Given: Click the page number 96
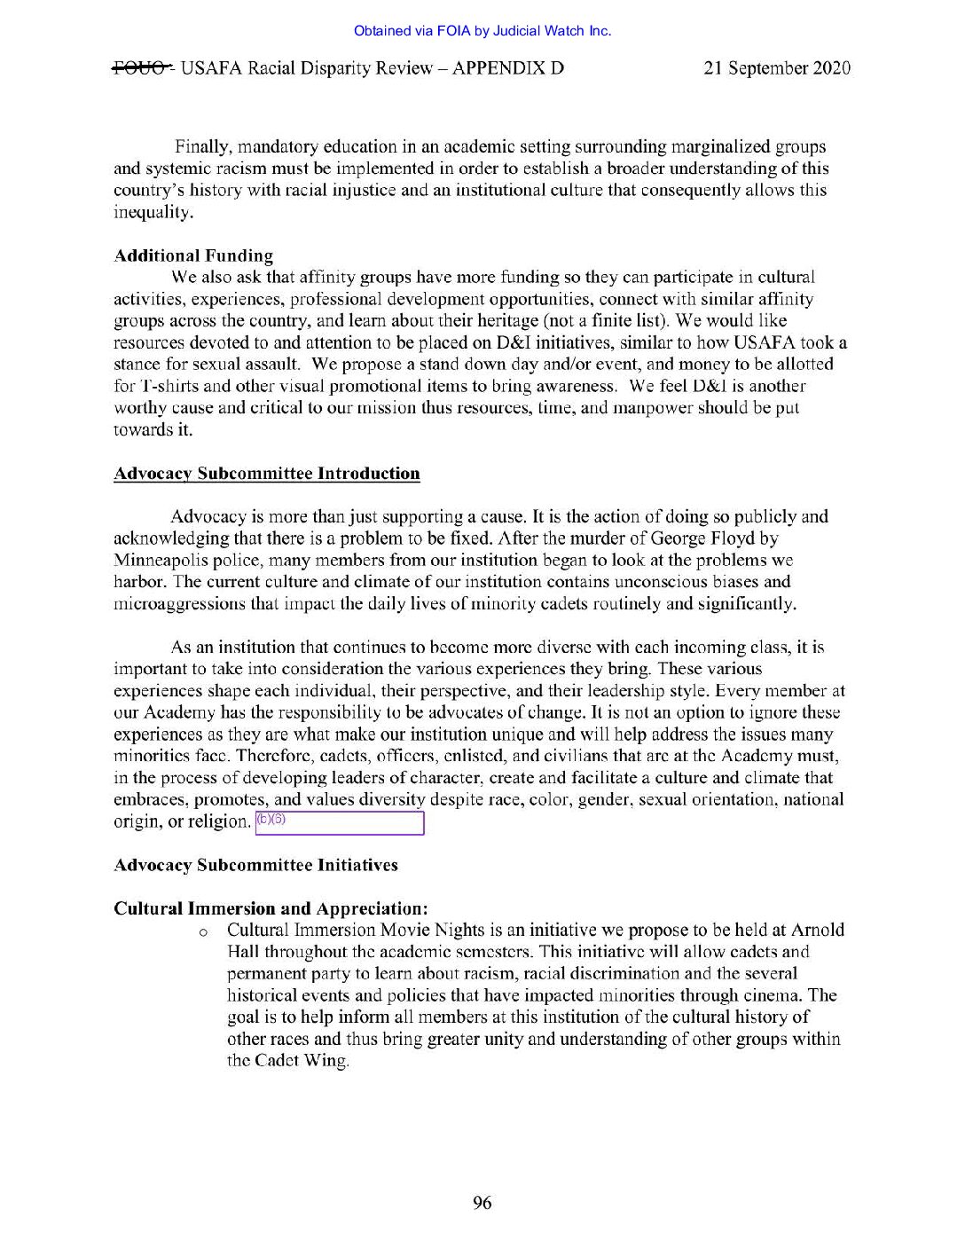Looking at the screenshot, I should [482, 1203].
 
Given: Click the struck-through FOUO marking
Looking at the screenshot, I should [141, 68].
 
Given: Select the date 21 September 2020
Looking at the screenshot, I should [777, 68].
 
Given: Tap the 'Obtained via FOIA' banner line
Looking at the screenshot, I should [482, 31].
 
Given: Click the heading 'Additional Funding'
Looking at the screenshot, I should [193, 256].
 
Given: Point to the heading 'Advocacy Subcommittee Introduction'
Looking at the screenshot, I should [267, 474].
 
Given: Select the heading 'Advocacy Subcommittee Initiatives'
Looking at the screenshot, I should [255, 865].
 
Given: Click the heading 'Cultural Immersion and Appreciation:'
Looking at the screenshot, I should [271, 908].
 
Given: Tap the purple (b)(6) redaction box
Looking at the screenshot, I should [340, 823].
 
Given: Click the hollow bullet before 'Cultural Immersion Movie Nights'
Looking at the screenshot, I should [203, 932].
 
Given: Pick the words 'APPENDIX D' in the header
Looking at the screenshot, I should [507, 68].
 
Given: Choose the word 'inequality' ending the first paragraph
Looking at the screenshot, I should [153, 213].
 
